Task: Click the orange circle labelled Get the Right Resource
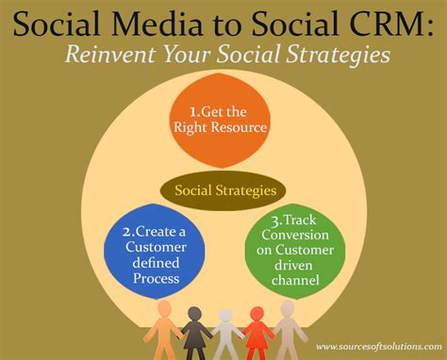(223, 122)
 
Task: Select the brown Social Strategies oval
(223, 190)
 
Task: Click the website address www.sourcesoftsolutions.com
(375, 347)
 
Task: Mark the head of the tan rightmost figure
(288, 306)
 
